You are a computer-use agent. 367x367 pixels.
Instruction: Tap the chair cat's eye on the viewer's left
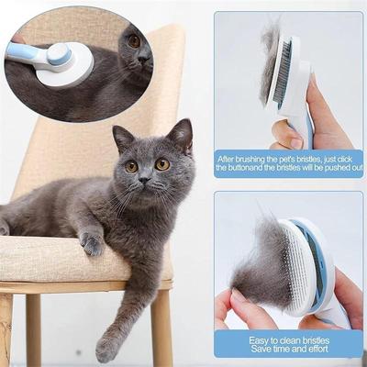[x=132, y=166]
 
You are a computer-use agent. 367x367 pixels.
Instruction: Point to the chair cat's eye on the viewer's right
[x=161, y=164]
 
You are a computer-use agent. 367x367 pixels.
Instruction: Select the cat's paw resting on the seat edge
[x=92, y=243]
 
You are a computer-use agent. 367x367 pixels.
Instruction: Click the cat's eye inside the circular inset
[x=134, y=41]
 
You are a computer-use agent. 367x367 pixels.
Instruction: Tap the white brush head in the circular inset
[x=67, y=65]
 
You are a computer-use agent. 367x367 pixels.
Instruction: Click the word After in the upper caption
[x=233, y=157]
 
